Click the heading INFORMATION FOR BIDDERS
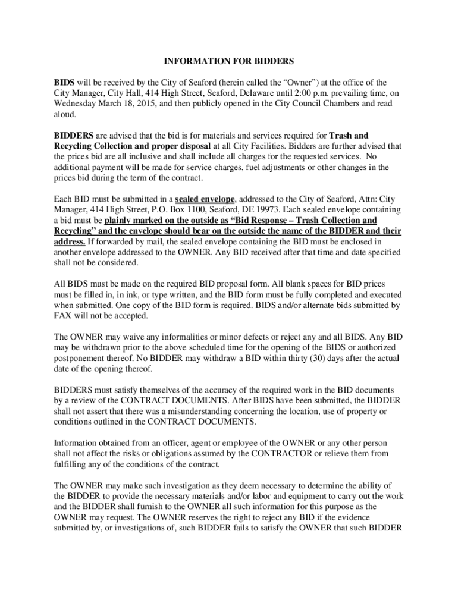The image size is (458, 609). pyautogui.click(x=229, y=61)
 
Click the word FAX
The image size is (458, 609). pyautogui.click(x=64, y=315)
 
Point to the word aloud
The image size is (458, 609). pyautogui.click(x=65, y=115)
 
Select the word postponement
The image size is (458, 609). pyautogui.click(x=80, y=358)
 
